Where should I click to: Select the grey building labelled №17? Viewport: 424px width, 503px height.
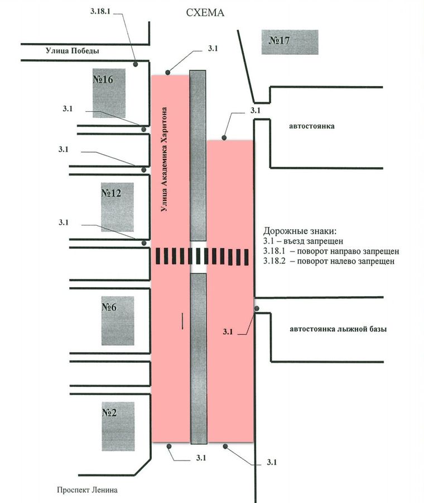tap(290, 42)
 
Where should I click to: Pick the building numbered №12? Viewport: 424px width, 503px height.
tap(117, 207)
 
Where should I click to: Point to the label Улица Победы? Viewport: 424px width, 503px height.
tap(73, 51)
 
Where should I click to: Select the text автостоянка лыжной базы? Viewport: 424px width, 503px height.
tap(338, 329)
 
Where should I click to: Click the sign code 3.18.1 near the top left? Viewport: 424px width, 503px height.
tap(100, 11)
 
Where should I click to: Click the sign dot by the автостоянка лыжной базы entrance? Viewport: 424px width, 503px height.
tap(257, 309)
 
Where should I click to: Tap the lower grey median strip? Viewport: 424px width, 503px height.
tap(199, 358)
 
